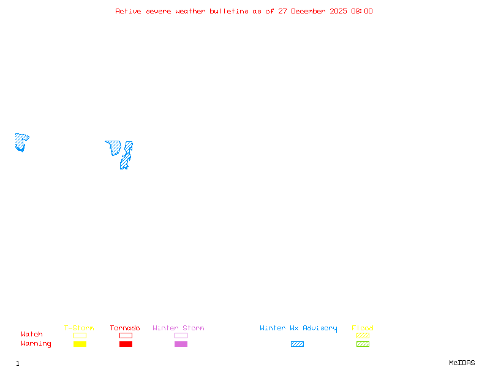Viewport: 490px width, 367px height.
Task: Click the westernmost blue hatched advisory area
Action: (x=21, y=141)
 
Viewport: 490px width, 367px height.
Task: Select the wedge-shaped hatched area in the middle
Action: (x=114, y=147)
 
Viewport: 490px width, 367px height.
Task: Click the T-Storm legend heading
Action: (x=79, y=328)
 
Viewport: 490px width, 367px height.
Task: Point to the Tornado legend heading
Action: (x=125, y=328)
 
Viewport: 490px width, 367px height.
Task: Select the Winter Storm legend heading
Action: (x=178, y=328)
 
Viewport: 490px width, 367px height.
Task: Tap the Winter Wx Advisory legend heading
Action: (x=298, y=328)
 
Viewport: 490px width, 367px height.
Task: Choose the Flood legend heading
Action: (x=363, y=328)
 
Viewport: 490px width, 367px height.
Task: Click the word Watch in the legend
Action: (x=32, y=335)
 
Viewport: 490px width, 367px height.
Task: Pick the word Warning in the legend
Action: (x=36, y=344)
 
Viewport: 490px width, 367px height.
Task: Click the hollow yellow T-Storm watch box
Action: (x=80, y=335)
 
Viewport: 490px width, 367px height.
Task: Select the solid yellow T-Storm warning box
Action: (x=80, y=344)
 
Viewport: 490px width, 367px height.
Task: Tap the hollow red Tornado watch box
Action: (x=126, y=335)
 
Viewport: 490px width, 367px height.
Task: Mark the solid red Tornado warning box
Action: (x=126, y=344)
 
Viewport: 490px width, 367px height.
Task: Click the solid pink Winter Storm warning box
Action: (x=181, y=344)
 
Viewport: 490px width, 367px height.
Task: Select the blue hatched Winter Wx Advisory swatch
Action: (x=297, y=344)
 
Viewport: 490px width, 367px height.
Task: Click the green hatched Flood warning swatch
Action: (x=363, y=344)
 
